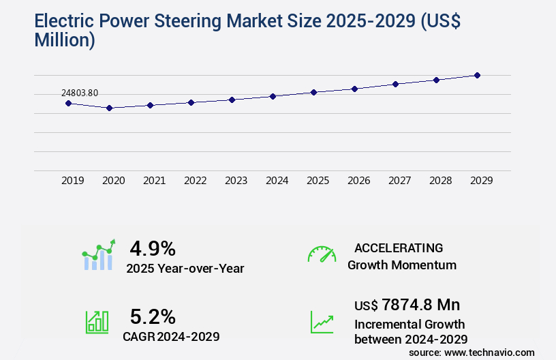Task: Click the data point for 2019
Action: click(x=68, y=103)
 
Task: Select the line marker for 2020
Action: click(x=109, y=108)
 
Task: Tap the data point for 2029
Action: click(x=478, y=75)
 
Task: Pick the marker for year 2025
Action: click(x=313, y=92)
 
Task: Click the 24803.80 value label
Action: click(x=80, y=93)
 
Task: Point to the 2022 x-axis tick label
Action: click(x=195, y=181)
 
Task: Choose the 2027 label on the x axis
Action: click(x=399, y=181)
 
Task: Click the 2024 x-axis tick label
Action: click(x=277, y=181)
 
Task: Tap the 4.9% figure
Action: click(x=153, y=247)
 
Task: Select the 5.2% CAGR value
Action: click(x=153, y=316)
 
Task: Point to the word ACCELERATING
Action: click(x=399, y=247)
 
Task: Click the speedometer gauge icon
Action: click(x=322, y=254)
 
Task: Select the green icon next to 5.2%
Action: click(x=97, y=322)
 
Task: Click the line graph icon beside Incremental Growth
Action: click(x=322, y=322)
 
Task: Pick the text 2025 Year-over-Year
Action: click(x=185, y=269)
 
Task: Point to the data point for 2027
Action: click(x=395, y=84)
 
